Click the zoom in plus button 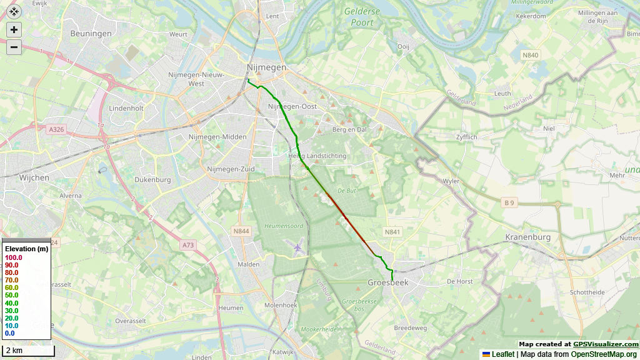click(14, 29)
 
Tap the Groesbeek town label click(388, 282)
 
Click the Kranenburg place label click(527, 237)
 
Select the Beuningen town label click(91, 34)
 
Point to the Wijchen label click(34, 178)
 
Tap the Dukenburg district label click(152, 180)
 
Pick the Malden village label click(249, 264)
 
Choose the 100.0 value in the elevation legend click(14, 257)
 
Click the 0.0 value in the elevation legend click(9, 333)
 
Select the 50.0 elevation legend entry click(11, 295)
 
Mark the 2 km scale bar click(28, 351)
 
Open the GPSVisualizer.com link click(606, 344)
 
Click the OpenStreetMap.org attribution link click(604, 354)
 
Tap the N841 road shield click(392, 232)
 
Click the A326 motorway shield click(56, 129)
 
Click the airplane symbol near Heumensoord click(297, 248)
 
